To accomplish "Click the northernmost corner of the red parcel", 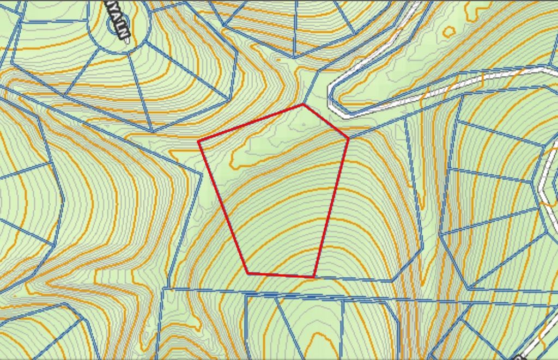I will (303, 105).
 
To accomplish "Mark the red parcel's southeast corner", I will (314, 277).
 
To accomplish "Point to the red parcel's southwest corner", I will (248, 273).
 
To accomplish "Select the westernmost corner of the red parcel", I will (198, 141).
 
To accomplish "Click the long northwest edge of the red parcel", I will (251, 123).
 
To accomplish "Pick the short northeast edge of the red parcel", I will (326, 121).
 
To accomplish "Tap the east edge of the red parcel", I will (331, 207).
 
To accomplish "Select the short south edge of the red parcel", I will (281, 275).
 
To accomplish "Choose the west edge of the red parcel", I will (223, 207).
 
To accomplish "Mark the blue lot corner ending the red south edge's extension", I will (392, 281).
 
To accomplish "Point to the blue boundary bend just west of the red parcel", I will (203, 174).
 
